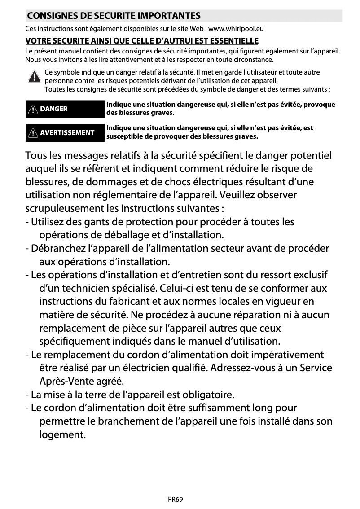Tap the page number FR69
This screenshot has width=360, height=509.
(176, 499)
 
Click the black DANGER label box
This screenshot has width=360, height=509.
(65, 109)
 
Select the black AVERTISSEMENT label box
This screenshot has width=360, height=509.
(65, 133)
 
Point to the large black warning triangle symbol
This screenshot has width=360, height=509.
(34, 77)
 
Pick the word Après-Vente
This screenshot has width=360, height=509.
(67, 382)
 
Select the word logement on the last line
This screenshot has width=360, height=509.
(62, 435)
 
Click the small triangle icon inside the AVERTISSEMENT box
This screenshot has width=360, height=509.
(33, 133)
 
